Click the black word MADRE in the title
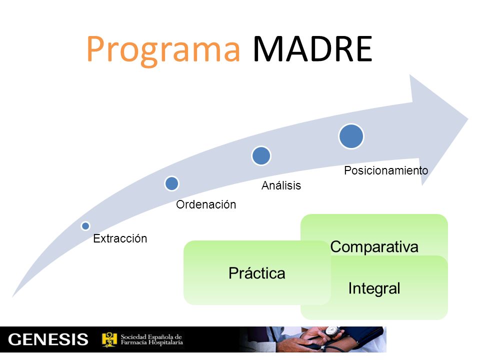(312, 49)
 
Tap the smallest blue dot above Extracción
(85, 226)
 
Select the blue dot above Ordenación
(171, 183)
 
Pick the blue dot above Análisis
(261, 156)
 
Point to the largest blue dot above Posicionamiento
(351, 136)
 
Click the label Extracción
(120, 238)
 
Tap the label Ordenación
(206, 204)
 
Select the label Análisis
(281, 185)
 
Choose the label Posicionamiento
(386, 170)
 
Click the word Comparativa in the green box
(374, 246)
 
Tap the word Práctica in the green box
(257, 273)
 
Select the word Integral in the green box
(374, 288)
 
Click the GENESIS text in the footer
(48, 339)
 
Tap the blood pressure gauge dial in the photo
(331, 331)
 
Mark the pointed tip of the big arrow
(468, 119)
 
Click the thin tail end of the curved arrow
(13, 296)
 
